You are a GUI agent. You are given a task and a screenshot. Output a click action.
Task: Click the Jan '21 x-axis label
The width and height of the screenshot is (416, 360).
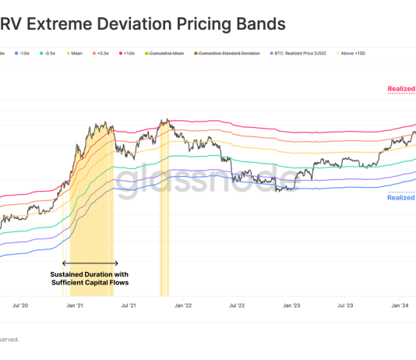76,307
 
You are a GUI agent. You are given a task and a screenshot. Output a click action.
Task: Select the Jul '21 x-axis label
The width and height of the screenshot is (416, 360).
129,307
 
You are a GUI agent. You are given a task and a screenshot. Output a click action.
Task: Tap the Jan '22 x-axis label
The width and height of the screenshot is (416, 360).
184,307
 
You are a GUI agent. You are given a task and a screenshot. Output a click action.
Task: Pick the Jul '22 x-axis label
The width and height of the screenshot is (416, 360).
238,307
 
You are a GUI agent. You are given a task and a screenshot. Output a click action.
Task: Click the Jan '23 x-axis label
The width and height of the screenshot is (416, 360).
292,307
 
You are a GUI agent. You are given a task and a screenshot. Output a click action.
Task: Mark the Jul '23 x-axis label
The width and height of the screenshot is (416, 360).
346,307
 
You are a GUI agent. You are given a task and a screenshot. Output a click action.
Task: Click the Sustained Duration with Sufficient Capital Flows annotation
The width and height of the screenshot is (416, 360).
89,278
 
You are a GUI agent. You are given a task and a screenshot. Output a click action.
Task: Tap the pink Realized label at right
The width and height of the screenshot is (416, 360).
401,89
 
